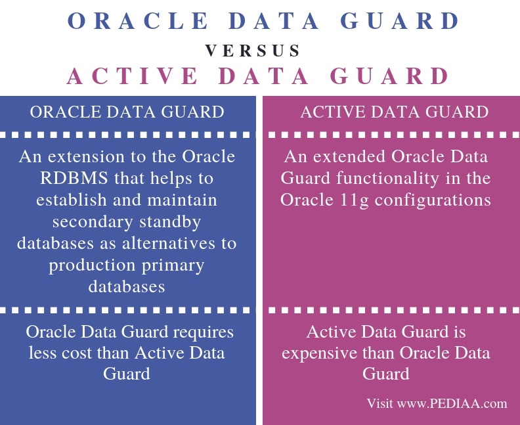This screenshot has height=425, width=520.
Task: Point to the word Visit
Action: [380, 404]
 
